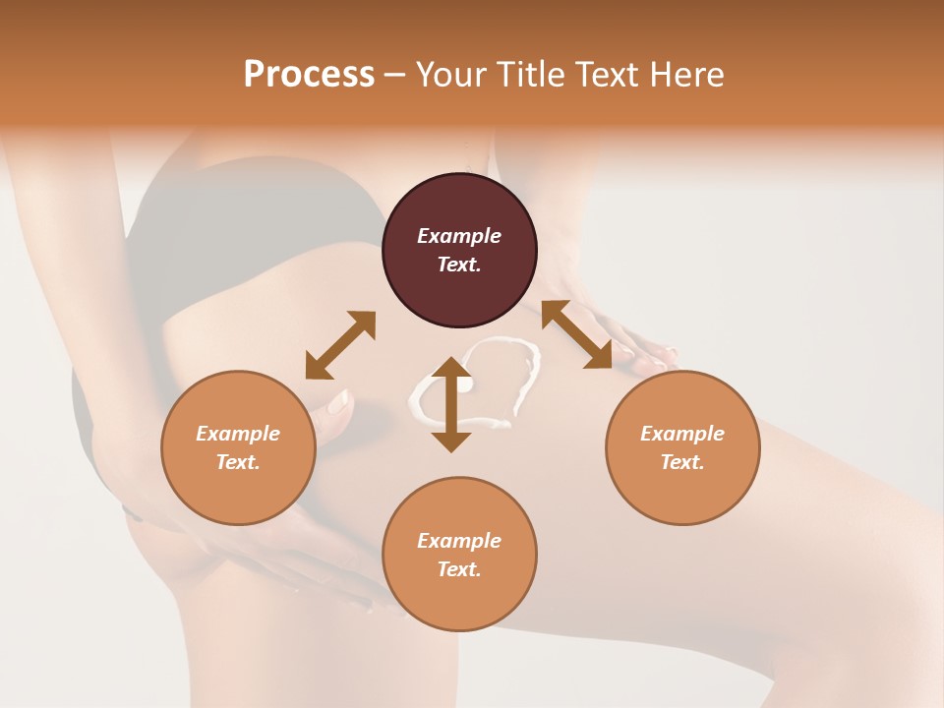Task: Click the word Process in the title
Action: (x=309, y=75)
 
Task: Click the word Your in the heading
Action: (x=448, y=75)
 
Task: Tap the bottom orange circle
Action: (x=459, y=600)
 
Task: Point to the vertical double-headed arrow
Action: (x=451, y=404)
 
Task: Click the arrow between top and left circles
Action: (x=340, y=345)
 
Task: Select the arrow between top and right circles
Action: (x=576, y=334)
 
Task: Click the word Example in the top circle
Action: (x=459, y=236)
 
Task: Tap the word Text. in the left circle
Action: (x=238, y=462)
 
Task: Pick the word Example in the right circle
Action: (x=682, y=434)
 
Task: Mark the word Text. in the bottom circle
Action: (x=459, y=569)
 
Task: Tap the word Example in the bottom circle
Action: (x=459, y=541)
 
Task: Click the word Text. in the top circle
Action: (x=459, y=265)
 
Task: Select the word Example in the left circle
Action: (x=238, y=434)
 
